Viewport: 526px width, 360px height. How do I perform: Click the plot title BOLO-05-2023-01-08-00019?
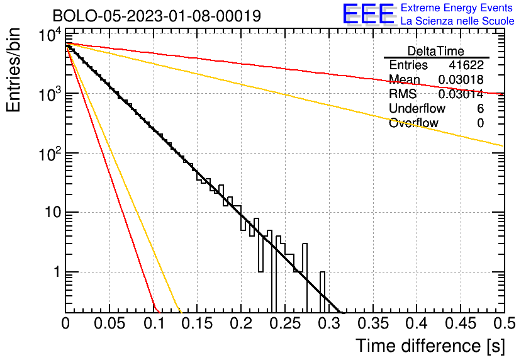point(157,16)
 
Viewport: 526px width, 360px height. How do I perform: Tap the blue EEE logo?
point(369,14)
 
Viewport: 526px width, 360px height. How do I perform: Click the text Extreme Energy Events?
point(457,8)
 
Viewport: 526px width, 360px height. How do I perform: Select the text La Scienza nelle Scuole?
point(457,21)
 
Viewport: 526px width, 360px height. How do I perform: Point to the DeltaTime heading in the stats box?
point(436,51)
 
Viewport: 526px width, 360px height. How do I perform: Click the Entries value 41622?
point(466,65)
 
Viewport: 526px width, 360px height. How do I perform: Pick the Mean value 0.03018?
point(461,79)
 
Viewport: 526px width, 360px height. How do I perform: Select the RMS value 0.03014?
point(461,94)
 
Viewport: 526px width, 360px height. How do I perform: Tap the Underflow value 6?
point(480,108)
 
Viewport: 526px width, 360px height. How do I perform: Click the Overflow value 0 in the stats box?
point(480,123)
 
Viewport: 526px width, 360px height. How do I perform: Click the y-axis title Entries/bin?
point(13,70)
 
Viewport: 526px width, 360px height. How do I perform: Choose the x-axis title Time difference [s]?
point(430,346)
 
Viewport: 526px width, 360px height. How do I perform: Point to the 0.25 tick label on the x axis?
point(285,323)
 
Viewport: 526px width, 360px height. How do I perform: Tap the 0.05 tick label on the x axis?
point(109,323)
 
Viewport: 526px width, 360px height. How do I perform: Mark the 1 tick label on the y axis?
point(57,272)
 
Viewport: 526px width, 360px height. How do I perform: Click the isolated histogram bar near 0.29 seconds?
point(322,292)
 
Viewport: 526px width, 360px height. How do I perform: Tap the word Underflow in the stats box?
point(417,108)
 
